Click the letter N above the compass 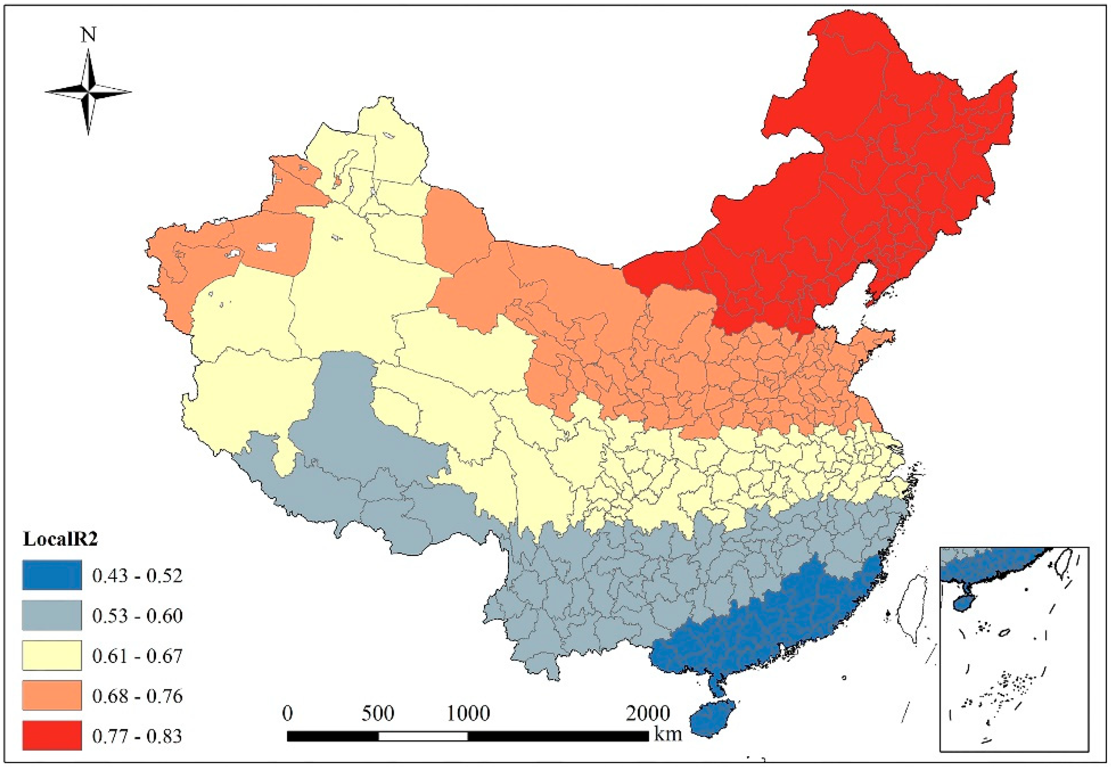coord(88,35)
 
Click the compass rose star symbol coord(88,91)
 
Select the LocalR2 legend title coord(61,539)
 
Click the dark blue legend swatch coord(52,575)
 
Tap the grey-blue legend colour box coord(52,615)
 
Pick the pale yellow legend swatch coord(52,655)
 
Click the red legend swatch coord(52,735)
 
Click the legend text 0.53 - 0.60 coord(137,615)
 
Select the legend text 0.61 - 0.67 coord(137,656)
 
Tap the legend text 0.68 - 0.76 coord(137,696)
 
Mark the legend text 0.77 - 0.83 coord(137,736)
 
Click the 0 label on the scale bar coord(287,713)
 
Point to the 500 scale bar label coord(378,713)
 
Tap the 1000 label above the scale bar coord(468,713)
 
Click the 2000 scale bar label coord(647,713)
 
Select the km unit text coord(668,734)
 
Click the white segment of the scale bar coord(423,736)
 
